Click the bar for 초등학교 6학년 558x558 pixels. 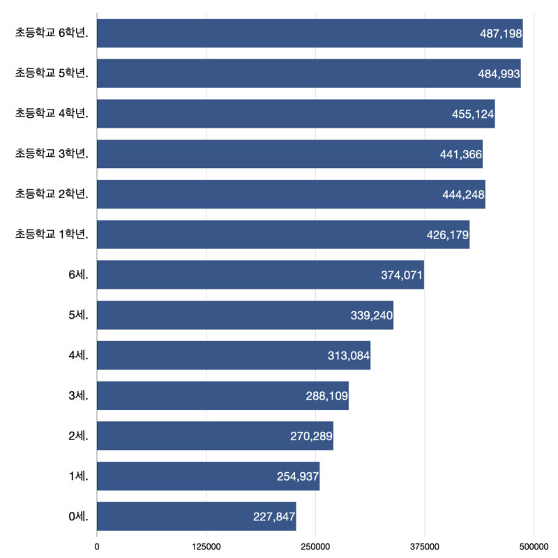pyautogui.click(x=310, y=33)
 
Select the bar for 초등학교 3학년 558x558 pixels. pyautogui.click(x=289, y=154)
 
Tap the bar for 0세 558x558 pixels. pyautogui.click(x=196, y=516)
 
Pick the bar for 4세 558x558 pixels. pyautogui.click(x=234, y=356)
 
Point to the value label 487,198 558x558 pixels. pyautogui.click(x=501, y=33)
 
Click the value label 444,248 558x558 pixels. pyautogui.click(x=463, y=195)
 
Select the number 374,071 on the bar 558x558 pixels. pyautogui.click(x=402, y=276)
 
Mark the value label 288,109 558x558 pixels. pyautogui.click(x=326, y=396)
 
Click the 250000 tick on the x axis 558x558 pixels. pyautogui.click(x=315, y=545)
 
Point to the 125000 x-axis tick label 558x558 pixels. pyautogui.click(x=206, y=545)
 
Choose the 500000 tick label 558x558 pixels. pyautogui.click(x=534, y=545)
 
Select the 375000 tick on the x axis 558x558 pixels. pyautogui.click(x=425, y=545)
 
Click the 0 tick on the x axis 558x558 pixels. pyautogui.click(x=97, y=545)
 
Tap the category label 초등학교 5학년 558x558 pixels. pyautogui.click(x=52, y=74)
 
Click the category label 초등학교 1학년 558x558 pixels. pyautogui.click(x=52, y=235)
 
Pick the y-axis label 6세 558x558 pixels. pyautogui.click(x=78, y=276)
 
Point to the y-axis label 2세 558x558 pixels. pyautogui.click(x=78, y=437)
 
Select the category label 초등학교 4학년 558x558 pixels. pyautogui.click(x=52, y=114)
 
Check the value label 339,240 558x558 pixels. pyautogui.click(x=372, y=315)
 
